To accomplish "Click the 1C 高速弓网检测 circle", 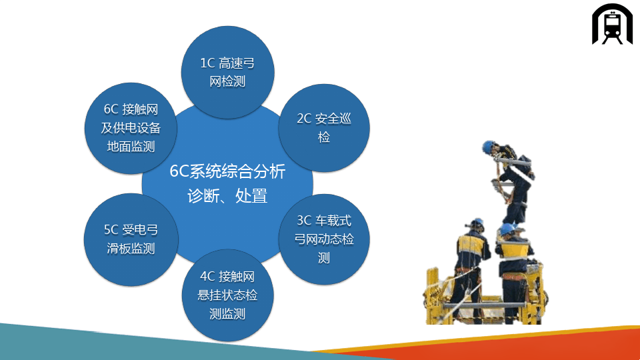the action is tap(228, 73).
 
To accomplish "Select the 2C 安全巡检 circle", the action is tap(324, 128).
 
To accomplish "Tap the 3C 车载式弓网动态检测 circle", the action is tap(324, 239).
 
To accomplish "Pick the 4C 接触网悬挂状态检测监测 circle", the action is tap(228, 295).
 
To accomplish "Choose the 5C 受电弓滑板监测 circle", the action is tap(131, 239).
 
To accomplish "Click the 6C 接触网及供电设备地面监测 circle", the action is tap(131, 128).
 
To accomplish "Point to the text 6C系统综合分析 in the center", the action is tap(227, 171).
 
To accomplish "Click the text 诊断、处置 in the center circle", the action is tap(227, 196).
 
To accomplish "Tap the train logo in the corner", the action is tap(612, 24).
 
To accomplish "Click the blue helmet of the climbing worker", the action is tap(488, 146).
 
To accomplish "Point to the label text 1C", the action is tap(207, 63).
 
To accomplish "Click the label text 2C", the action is tap(304, 119).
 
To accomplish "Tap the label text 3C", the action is tap(304, 221).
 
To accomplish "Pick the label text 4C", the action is tap(207, 276).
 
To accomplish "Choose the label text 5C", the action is tap(111, 230).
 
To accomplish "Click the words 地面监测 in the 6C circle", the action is tap(131, 147).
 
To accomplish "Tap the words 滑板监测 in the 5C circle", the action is tap(131, 249).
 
